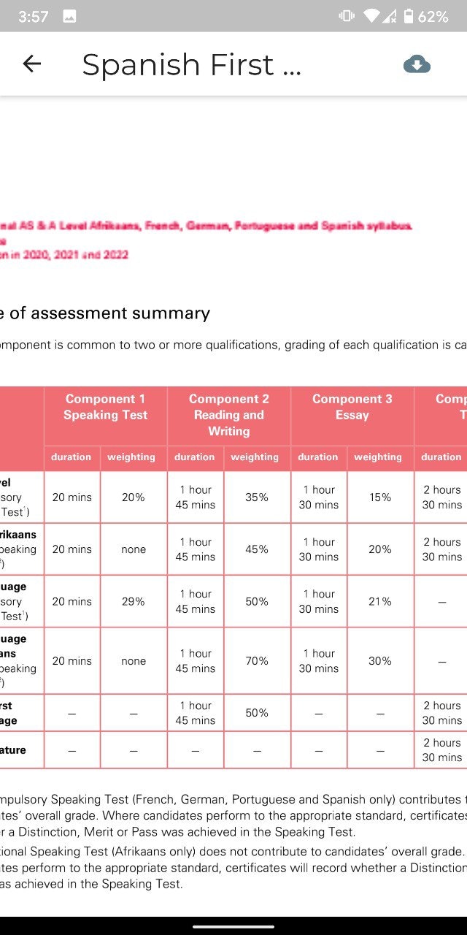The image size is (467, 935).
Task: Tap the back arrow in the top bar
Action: click(x=32, y=64)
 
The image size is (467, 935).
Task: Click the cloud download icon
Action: click(x=417, y=64)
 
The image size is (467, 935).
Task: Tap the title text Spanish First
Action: click(x=191, y=64)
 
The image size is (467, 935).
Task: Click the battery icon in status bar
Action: click(x=408, y=16)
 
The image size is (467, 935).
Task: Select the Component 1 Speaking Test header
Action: click(x=105, y=407)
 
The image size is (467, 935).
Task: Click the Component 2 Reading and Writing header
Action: click(x=229, y=415)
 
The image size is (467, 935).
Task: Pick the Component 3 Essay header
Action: click(x=352, y=407)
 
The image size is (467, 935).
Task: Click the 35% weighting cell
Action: click(x=257, y=497)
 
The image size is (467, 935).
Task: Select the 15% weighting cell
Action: click(x=380, y=497)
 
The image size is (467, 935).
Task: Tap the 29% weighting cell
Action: click(x=134, y=602)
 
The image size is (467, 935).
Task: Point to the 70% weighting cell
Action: click(x=257, y=661)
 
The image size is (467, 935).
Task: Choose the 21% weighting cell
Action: click(x=380, y=602)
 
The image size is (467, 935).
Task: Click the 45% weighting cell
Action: click(x=257, y=549)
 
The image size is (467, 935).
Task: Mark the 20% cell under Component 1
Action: click(x=134, y=497)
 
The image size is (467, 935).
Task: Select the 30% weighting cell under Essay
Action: click(x=380, y=661)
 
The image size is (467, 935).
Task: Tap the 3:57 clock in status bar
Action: click(x=33, y=16)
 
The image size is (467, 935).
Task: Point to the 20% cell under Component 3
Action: click(x=380, y=549)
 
